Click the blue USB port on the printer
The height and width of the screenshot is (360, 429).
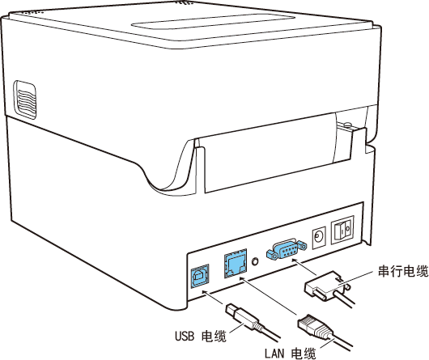pos(200,276)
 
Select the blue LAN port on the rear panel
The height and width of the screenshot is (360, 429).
pos(236,264)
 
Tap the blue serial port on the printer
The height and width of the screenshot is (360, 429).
pos(287,248)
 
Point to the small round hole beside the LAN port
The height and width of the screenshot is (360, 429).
pos(255,261)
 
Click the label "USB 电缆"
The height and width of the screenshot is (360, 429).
pos(201,336)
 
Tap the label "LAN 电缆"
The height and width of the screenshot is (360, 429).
pos(290,354)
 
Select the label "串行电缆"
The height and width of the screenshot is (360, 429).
pos(403,271)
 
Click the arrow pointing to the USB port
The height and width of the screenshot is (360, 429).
pos(212,297)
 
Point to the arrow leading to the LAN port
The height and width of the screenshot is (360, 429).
pos(268,296)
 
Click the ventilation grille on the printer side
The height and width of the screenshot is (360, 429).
pos(25,100)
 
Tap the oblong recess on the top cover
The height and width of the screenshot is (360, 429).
pos(213,21)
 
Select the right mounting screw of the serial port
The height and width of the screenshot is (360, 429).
pos(302,244)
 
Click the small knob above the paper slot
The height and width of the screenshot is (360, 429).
pos(347,125)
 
